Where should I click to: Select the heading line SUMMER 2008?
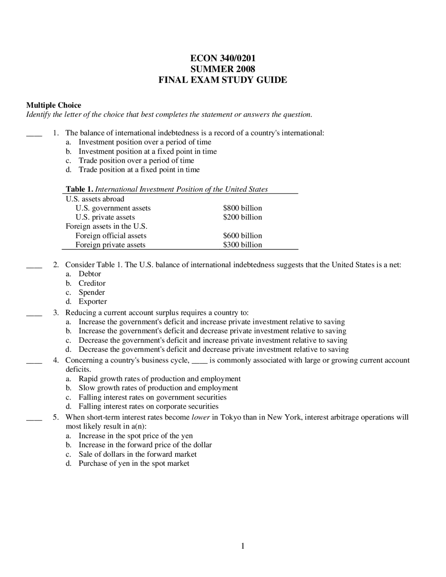pyautogui.click(x=223, y=69)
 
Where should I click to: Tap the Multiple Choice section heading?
pyautogui.click(x=54, y=105)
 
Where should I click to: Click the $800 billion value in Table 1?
pyautogui.click(x=242, y=208)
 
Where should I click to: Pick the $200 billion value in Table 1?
pyautogui.click(x=242, y=217)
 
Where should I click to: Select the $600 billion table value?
pyautogui.click(x=242, y=236)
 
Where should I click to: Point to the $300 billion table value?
pyautogui.click(x=242, y=245)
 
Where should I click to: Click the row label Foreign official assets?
pyautogui.click(x=111, y=236)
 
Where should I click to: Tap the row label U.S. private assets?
pyautogui.click(x=105, y=217)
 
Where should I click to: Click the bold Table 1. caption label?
pyautogui.click(x=80, y=189)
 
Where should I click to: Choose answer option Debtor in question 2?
pyautogui.click(x=90, y=274)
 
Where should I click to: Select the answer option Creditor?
pyautogui.click(x=92, y=283)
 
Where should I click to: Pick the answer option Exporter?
pyautogui.click(x=93, y=301)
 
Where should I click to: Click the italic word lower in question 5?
pyautogui.click(x=201, y=417)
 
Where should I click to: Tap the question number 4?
pyautogui.click(x=56, y=360)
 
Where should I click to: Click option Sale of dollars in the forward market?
pyautogui.click(x=137, y=454)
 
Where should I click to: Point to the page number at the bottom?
pyautogui.click(x=243, y=546)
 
